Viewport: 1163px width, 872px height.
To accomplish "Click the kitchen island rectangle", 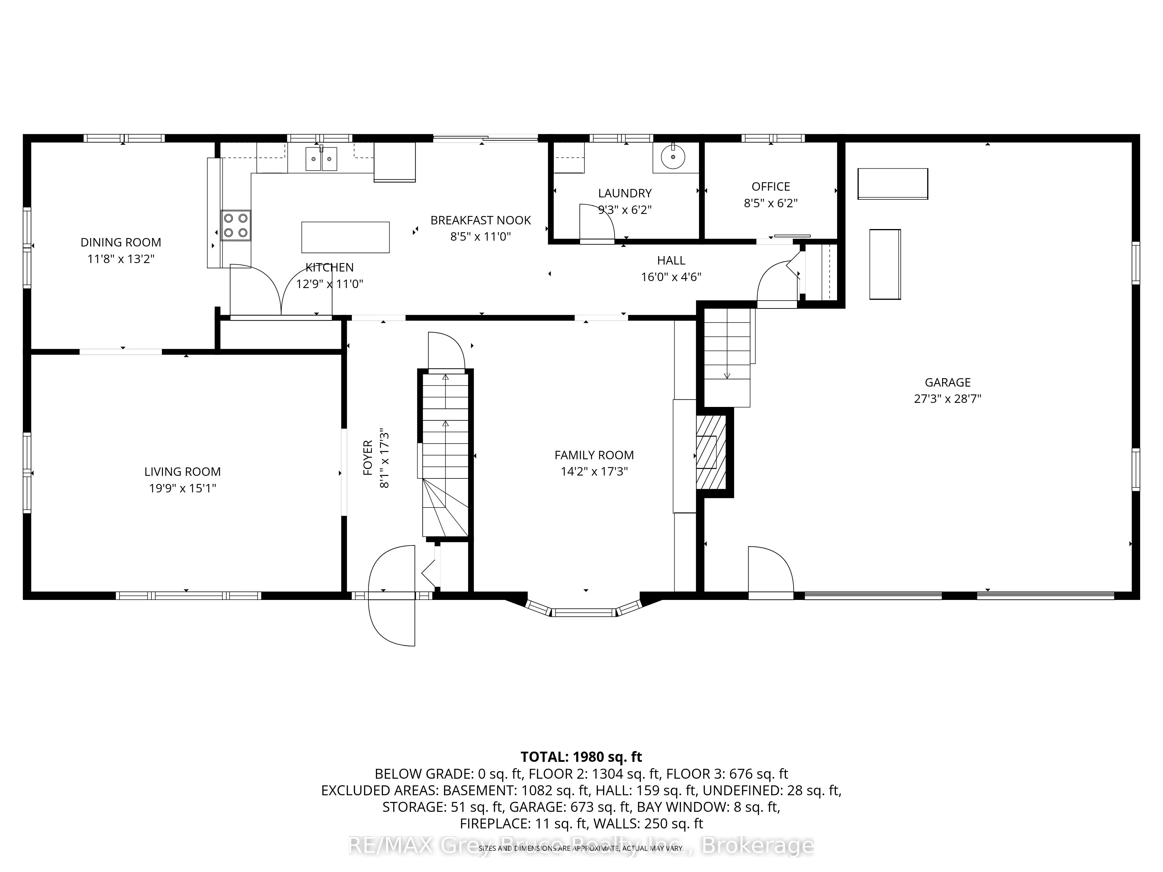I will (x=345, y=237).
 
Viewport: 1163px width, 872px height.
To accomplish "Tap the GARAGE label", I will (x=948, y=382).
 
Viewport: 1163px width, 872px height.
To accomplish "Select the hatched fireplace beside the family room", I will (x=711, y=452).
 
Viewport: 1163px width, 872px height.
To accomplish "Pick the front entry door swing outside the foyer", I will (x=392, y=620).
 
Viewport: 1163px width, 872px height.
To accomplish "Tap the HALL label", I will (x=671, y=260).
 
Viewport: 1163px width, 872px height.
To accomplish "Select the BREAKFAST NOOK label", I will (x=481, y=220).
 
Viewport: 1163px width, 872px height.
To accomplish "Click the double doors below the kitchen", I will (x=281, y=292).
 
